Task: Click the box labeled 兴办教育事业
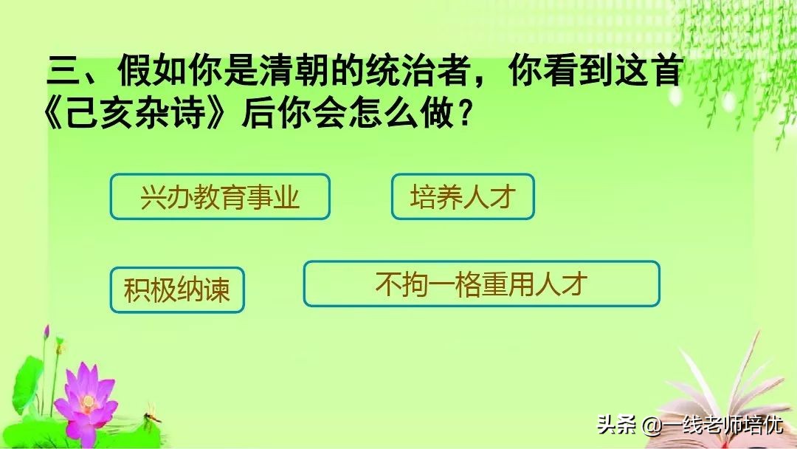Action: point(220,197)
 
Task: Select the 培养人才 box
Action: point(462,197)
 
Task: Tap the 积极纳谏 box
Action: point(177,290)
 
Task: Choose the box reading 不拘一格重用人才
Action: point(481,284)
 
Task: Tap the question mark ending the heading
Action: point(462,116)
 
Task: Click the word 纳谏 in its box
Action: point(204,290)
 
